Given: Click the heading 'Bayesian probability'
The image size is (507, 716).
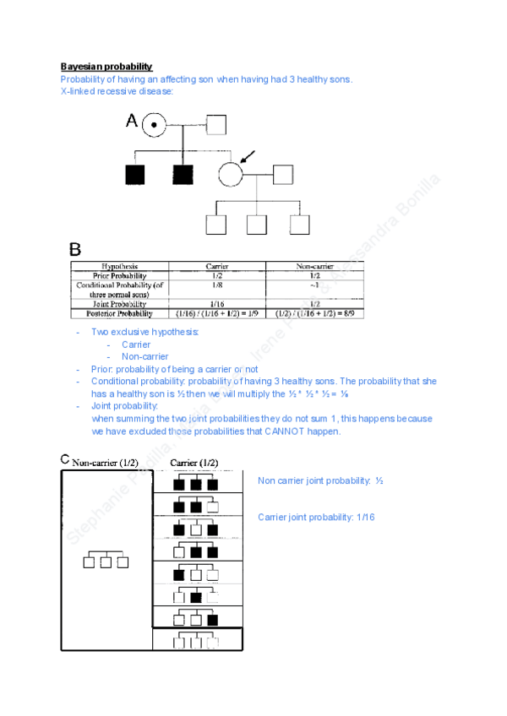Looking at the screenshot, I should coord(106,67).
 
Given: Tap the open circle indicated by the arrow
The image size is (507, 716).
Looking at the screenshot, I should coord(231,175).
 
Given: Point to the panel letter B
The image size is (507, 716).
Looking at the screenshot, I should coord(75,249).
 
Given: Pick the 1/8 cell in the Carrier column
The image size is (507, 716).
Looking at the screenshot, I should coord(217,285).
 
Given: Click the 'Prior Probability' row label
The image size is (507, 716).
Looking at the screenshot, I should coord(119,275).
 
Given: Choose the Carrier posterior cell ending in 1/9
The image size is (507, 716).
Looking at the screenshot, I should coord(217,313).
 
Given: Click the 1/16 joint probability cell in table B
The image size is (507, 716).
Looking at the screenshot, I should coord(217,304).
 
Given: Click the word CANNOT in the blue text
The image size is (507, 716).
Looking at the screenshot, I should coord(292,431).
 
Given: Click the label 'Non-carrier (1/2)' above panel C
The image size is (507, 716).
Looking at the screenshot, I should coord(105,463).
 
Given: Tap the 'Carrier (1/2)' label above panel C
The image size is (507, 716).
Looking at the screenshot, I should coord(194,463).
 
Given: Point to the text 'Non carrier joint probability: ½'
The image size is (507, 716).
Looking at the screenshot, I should coord(321,480).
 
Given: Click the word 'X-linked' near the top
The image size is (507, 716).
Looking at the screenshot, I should coord(78,91).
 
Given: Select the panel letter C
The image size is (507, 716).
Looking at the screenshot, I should coord(65,460).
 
